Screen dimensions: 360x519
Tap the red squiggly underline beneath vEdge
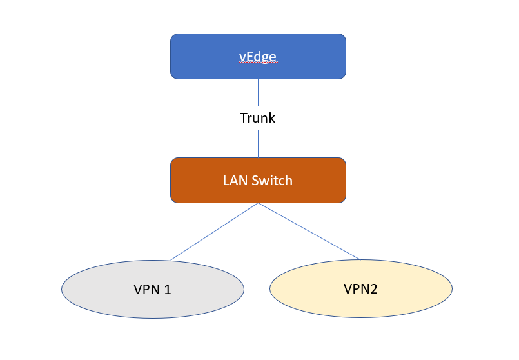click(258, 65)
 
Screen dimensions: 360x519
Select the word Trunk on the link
click(258, 118)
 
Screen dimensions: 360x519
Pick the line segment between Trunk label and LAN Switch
click(258, 144)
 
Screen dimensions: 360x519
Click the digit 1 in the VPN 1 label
click(168, 290)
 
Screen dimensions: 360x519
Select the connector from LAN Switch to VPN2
click(309, 232)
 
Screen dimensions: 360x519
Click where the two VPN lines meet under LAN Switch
click(259, 203)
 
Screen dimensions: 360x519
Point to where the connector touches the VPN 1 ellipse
click(170, 261)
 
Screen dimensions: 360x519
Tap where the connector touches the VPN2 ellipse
click(360, 260)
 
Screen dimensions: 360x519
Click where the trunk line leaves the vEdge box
click(258, 80)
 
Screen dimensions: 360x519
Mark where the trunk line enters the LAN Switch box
click(258, 157)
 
